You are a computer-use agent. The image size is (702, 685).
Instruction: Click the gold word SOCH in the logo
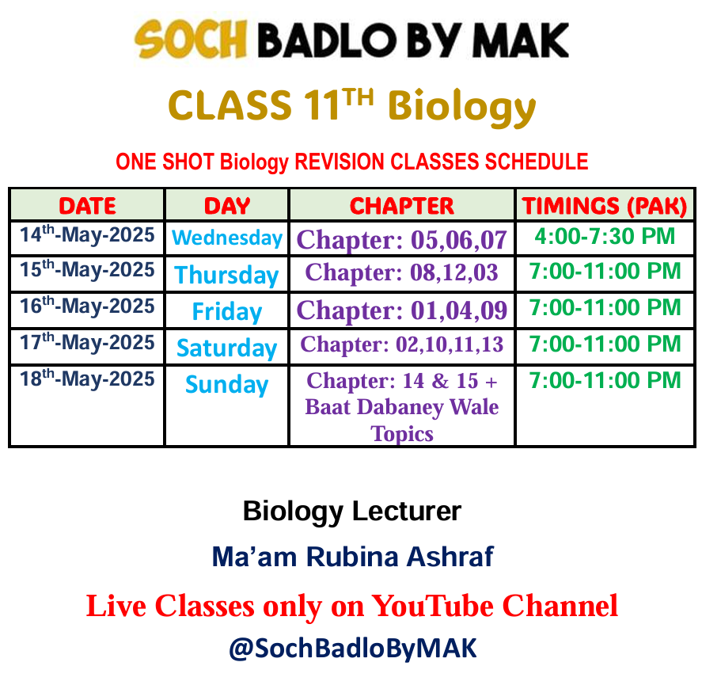191,39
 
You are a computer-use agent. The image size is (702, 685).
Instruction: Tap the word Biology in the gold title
461,107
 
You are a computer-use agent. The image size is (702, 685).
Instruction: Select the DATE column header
87,206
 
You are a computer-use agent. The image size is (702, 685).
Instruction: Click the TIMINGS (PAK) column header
605,206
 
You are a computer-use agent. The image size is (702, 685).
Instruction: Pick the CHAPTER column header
401,206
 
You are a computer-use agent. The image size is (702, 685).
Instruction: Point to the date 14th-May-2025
87,234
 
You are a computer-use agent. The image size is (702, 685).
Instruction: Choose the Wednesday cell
227,238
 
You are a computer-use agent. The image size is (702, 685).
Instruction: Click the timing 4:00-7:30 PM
605,236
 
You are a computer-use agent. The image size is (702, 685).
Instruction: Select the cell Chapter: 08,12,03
401,272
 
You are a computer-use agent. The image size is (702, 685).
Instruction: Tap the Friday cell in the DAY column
227,311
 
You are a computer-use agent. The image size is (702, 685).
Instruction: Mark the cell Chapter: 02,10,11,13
401,344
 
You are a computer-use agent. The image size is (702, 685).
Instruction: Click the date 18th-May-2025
87,379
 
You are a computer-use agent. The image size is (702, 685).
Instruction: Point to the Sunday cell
227,384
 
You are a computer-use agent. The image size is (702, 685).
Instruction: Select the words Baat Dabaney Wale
401,407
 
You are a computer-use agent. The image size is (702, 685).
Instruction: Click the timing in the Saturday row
605,344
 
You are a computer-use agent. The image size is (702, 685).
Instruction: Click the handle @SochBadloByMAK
353,649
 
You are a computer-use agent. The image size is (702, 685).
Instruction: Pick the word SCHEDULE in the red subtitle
537,162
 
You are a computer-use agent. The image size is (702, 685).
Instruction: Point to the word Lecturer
407,511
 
